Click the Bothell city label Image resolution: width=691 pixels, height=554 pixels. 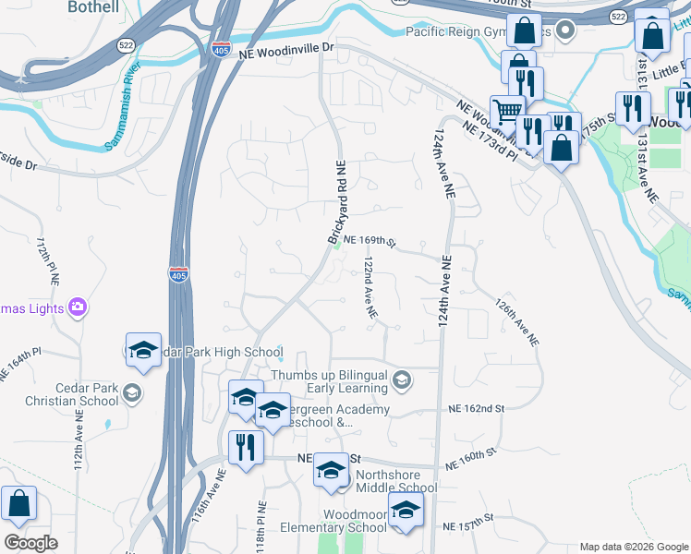[93, 6]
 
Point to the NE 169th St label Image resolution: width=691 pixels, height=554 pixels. [370, 243]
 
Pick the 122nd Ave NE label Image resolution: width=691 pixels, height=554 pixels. [370, 289]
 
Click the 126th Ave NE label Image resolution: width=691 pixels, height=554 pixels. [516, 320]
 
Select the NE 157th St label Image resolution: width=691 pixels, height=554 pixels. [469, 526]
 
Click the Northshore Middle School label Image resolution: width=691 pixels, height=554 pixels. [394, 488]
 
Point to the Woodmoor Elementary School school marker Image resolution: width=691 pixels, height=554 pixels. [405, 511]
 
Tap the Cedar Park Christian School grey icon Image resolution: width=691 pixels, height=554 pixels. [132, 394]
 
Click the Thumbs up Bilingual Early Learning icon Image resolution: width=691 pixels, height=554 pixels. [402, 379]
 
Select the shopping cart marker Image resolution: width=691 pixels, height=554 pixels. [506, 113]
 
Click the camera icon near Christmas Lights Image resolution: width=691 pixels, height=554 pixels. [78, 307]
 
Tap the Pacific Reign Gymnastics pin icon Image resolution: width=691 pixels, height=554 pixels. [567, 32]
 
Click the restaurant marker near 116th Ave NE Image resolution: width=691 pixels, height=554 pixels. [245, 448]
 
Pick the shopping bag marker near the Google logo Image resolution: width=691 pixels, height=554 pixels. [18, 505]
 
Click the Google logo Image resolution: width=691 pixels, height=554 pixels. [30, 543]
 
